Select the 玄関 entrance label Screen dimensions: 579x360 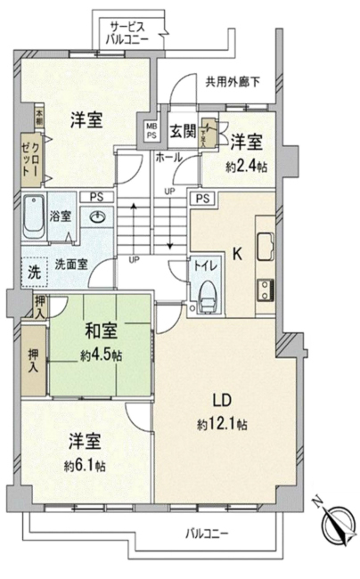[x=182, y=132]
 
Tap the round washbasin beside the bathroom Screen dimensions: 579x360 [x=97, y=216]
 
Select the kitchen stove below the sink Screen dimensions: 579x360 [x=265, y=289]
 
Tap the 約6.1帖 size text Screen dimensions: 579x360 [x=86, y=465]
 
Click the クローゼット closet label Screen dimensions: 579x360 [x=32, y=159]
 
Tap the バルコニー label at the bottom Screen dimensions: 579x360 [x=207, y=534]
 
